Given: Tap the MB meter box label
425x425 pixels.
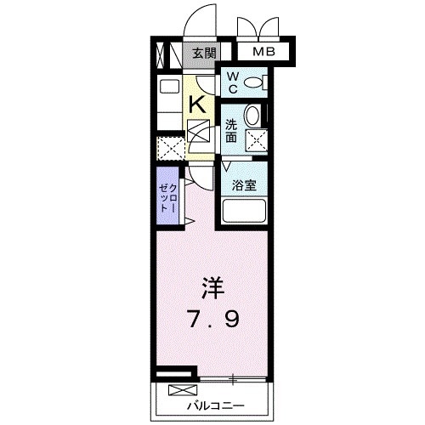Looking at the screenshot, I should click(262, 53).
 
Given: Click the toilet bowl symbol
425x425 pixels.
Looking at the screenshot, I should click(254, 82).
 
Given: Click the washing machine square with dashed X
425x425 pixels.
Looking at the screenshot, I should click(255, 141).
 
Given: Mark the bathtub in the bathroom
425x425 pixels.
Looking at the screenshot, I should click(245, 211).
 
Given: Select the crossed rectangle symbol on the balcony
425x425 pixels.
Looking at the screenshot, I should click(181, 391).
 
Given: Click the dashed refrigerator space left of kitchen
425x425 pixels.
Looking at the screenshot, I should click(170, 149).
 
